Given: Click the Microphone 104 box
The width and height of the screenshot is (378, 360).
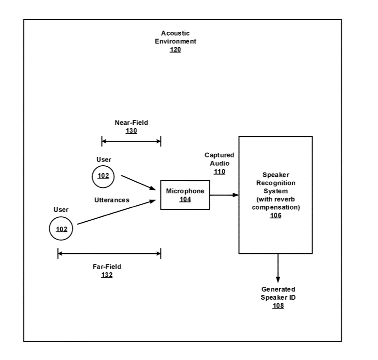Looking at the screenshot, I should [x=185, y=195].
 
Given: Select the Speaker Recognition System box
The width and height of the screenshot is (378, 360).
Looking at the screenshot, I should [x=275, y=195].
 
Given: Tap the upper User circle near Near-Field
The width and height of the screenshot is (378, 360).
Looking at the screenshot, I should [x=103, y=175].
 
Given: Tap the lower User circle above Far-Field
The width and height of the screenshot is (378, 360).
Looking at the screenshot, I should [x=61, y=228].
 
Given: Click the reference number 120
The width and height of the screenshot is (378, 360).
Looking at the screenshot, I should [x=175, y=50].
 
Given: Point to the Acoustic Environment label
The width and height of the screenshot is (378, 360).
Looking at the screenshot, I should [x=175, y=37].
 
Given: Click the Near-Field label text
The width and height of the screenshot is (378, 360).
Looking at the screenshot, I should [x=131, y=122].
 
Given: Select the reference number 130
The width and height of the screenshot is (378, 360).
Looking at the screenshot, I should [x=131, y=131].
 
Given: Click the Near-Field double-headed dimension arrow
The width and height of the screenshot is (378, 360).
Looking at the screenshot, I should [x=131, y=141].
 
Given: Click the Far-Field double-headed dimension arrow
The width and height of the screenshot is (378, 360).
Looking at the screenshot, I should [x=109, y=253].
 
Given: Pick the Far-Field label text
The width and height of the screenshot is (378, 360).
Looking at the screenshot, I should [x=107, y=266].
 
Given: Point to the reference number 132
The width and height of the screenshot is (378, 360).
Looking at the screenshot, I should [x=107, y=275].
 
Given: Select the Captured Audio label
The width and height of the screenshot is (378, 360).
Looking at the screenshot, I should [x=219, y=159].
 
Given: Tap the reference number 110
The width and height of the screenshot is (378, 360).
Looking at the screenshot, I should [x=219, y=172].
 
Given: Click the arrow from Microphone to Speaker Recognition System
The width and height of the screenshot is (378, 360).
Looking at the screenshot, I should [x=224, y=195].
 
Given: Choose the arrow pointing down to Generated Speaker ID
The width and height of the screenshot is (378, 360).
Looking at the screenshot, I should [x=278, y=268].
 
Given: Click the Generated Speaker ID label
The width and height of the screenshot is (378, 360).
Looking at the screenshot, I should [x=278, y=293].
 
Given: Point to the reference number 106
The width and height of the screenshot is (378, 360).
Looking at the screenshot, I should [x=275, y=215].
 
